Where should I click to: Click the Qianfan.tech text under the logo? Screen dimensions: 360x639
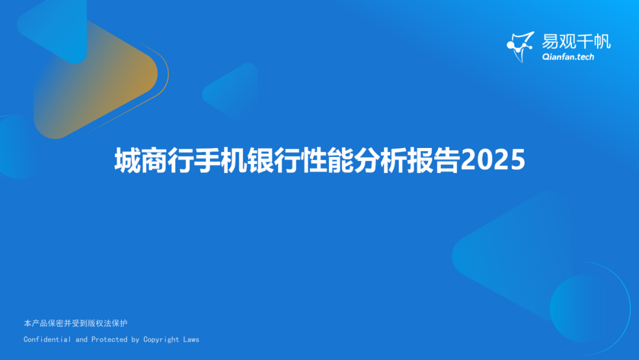(x=567, y=57)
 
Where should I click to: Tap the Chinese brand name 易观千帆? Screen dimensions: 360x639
(x=576, y=41)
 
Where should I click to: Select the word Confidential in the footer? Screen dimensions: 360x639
(x=47, y=339)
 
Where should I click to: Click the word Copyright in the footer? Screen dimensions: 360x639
(x=161, y=339)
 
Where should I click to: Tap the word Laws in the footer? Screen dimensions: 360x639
(x=191, y=339)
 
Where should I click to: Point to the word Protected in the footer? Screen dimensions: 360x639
(x=109, y=339)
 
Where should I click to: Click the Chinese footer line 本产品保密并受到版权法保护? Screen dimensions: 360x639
(x=75, y=323)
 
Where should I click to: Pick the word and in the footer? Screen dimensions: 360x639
(x=81, y=339)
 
